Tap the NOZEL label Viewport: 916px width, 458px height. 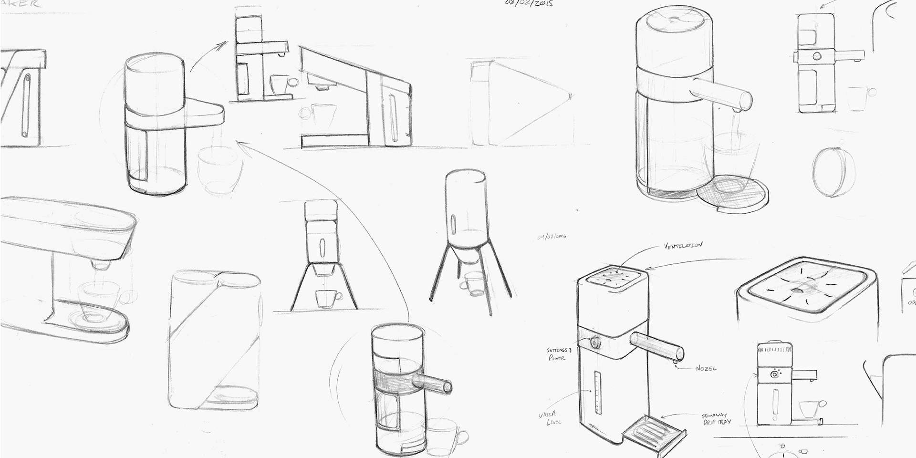click(706, 369)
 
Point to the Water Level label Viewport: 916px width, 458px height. click(551, 418)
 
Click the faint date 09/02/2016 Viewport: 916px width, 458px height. click(552, 236)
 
